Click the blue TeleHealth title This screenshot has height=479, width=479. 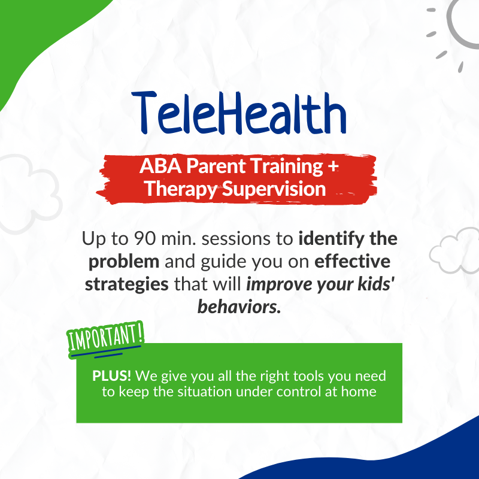pos(239,113)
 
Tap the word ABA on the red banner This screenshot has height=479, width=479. pos(160,166)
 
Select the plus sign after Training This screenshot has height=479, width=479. pos(334,166)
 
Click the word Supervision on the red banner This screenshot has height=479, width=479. pos(274,189)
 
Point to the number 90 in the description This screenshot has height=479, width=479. pos(145,238)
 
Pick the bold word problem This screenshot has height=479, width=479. pos(124,262)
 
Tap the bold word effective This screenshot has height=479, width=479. pos(352,262)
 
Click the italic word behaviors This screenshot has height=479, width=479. pos(239,307)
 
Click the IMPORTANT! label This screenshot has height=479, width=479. pos(105,338)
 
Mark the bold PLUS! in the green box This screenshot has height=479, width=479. pos(112,376)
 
